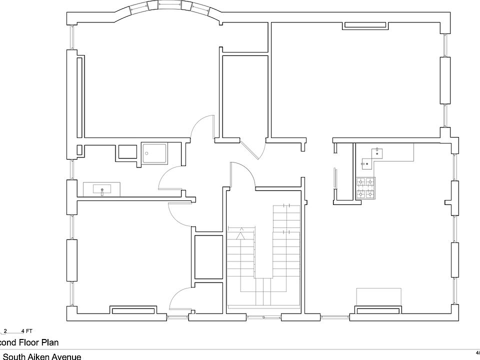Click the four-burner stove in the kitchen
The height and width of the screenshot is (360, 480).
coord(365,189)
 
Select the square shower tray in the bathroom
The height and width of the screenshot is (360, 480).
coord(155,153)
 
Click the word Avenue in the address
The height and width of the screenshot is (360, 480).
coord(79,356)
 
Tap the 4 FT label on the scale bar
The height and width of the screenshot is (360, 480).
coord(27,331)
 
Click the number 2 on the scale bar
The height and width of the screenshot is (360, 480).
coord(5,331)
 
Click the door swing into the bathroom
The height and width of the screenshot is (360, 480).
coord(170,177)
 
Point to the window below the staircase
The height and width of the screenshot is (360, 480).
coord(263,316)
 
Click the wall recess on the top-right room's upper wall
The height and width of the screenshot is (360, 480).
coord(365,25)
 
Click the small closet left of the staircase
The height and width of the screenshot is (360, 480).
coord(208,256)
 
